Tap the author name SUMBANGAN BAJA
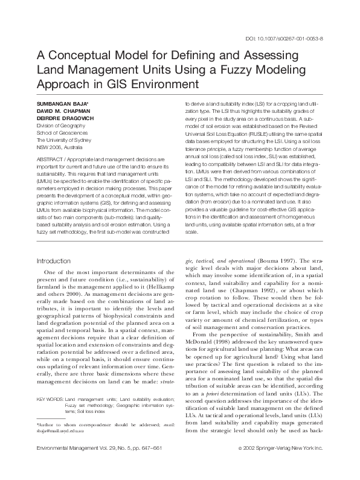click(x=61, y=104)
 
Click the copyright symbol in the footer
click(x=241, y=465)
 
